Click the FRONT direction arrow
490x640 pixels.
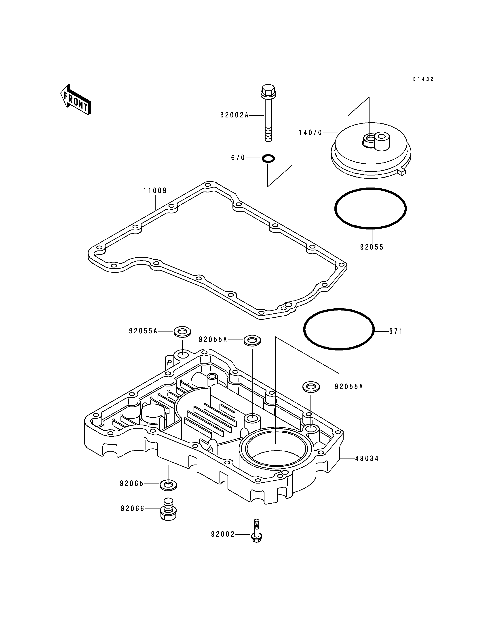[x=75, y=100]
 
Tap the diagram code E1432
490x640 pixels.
[x=423, y=79]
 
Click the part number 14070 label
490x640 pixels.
[x=310, y=133]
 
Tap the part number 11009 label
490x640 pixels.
[x=155, y=191]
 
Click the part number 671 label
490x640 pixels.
[x=396, y=331]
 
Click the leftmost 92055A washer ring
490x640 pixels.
[x=182, y=331]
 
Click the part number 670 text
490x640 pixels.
[x=238, y=158]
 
